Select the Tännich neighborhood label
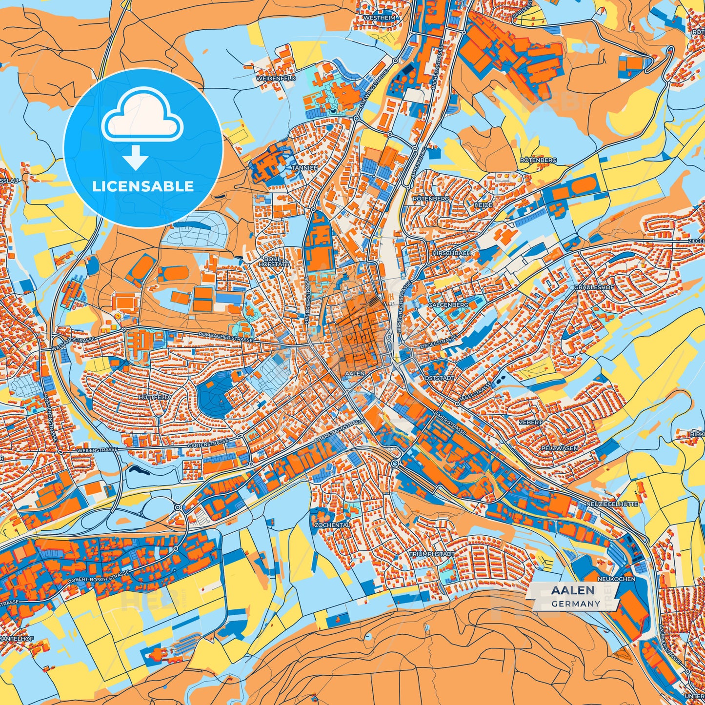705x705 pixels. click(x=304, y=167)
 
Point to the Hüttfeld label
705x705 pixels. click(x=154, y=397)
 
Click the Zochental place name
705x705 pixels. click(x=332, y=525)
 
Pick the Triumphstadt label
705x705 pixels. click(x=431, y=554)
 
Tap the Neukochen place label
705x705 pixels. click(x=620, y=579)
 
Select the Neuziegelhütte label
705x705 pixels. click(x=611, y=504)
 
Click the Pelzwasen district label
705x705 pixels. click(x=559, y=448)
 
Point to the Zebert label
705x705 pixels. click(x=530, y=422)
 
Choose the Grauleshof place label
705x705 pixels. click(x=594, y=287)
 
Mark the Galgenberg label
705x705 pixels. click(x=448, y=304)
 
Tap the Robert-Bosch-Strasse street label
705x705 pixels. click(x=99, y=577)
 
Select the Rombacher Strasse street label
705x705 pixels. click(x=225, y=337)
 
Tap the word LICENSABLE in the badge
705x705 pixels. click(x=143, y=186)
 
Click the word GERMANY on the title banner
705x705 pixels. click(x=576, y=604)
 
